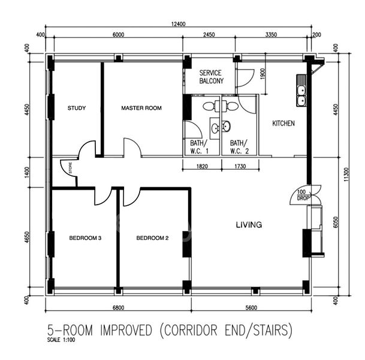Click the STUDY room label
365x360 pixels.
pos(77,109)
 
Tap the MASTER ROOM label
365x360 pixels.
pos(141,109)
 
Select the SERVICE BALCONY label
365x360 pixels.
pos(212,77)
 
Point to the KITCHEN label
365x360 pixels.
pos(283,124)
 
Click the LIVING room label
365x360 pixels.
pos(248,226)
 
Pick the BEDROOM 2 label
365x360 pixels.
pos(152,238)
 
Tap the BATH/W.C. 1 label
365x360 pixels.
pos(198,147)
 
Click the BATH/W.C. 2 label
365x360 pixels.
pos(239,147)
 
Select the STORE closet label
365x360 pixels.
pos(70,169)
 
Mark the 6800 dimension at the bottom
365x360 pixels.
pos(117,308)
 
